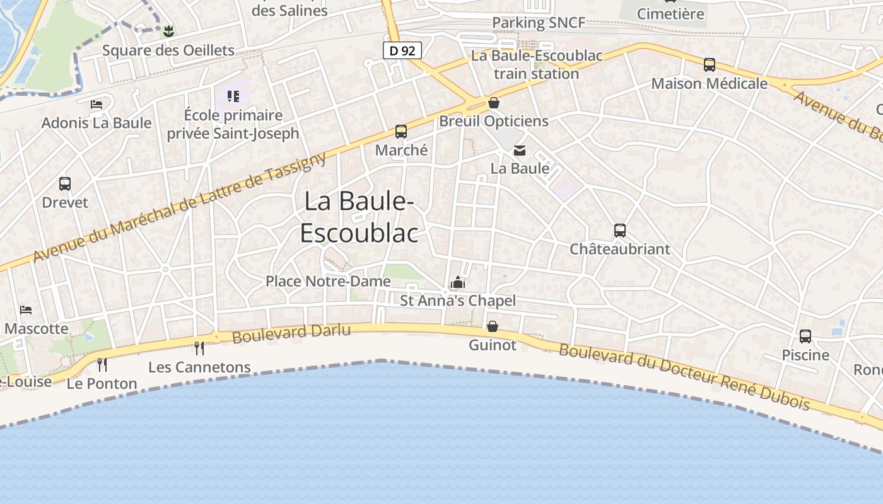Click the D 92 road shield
(x=402, y=50)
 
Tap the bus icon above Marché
(x=401, y=132)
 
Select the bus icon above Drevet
(x=65, y=184)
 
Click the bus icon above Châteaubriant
(x=620, y=231)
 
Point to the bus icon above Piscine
(x=805, y=336)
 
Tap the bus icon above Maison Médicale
(x=710, y=65)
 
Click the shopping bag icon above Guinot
(x=492, y=326)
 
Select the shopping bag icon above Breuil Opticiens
(x=494, y=103)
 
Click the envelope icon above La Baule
(x=520, y=151)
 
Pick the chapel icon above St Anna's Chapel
(x=458, y=282)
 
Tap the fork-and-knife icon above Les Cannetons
(x=199, y=348)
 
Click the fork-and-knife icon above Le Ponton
(x=102, y=364)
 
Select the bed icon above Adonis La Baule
(x=96, y=104)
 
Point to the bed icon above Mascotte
(x=26, y=310)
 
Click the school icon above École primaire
(x=233, y=96)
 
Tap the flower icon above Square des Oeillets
(x=168, y=31)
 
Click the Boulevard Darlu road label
(x=291, y=333)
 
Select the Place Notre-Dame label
(x=328, y=281)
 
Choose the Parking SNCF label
(x=539, y=23)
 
